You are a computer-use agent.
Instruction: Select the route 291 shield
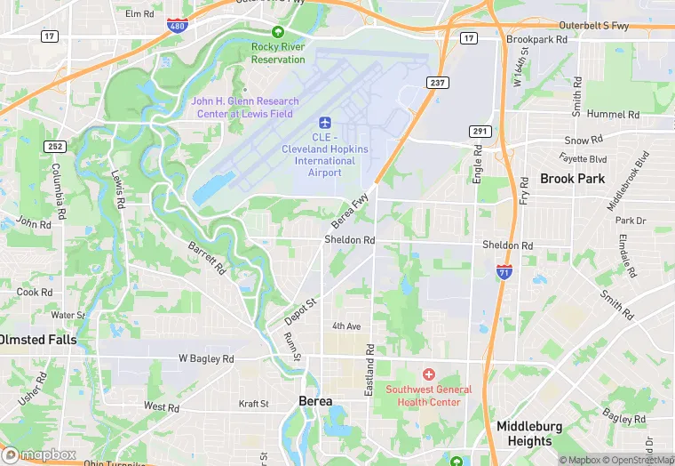(x=480, y=131)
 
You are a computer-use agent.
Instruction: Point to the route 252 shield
(x=56, y=147)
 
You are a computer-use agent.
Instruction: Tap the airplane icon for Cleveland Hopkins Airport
(x=324, y=121)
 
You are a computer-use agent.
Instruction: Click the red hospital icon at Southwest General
(x=429, y=375)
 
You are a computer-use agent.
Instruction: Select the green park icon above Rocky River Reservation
(x=277, y=32)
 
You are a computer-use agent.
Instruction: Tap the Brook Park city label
(x=572, y=178)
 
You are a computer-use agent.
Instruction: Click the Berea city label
(x=315, y=401)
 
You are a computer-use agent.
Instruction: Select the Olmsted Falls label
(x=37, y=340)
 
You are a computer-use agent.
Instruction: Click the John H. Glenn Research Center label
(x=245, y=107)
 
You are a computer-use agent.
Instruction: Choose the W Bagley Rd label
(x=206, y=358)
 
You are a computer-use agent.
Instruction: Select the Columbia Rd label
(x=58, y=192)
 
